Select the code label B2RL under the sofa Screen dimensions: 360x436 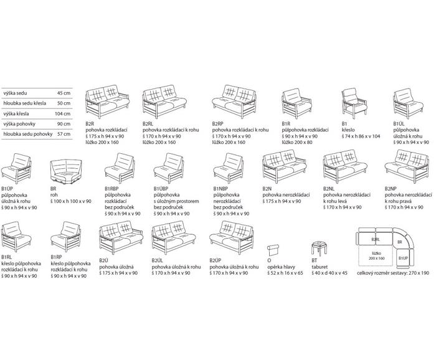click(x=149, y=124)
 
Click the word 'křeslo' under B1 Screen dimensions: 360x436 click(x=348, y=130)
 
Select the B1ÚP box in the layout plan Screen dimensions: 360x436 click(x=404, y=257)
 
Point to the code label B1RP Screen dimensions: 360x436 click(x=58, y=257)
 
